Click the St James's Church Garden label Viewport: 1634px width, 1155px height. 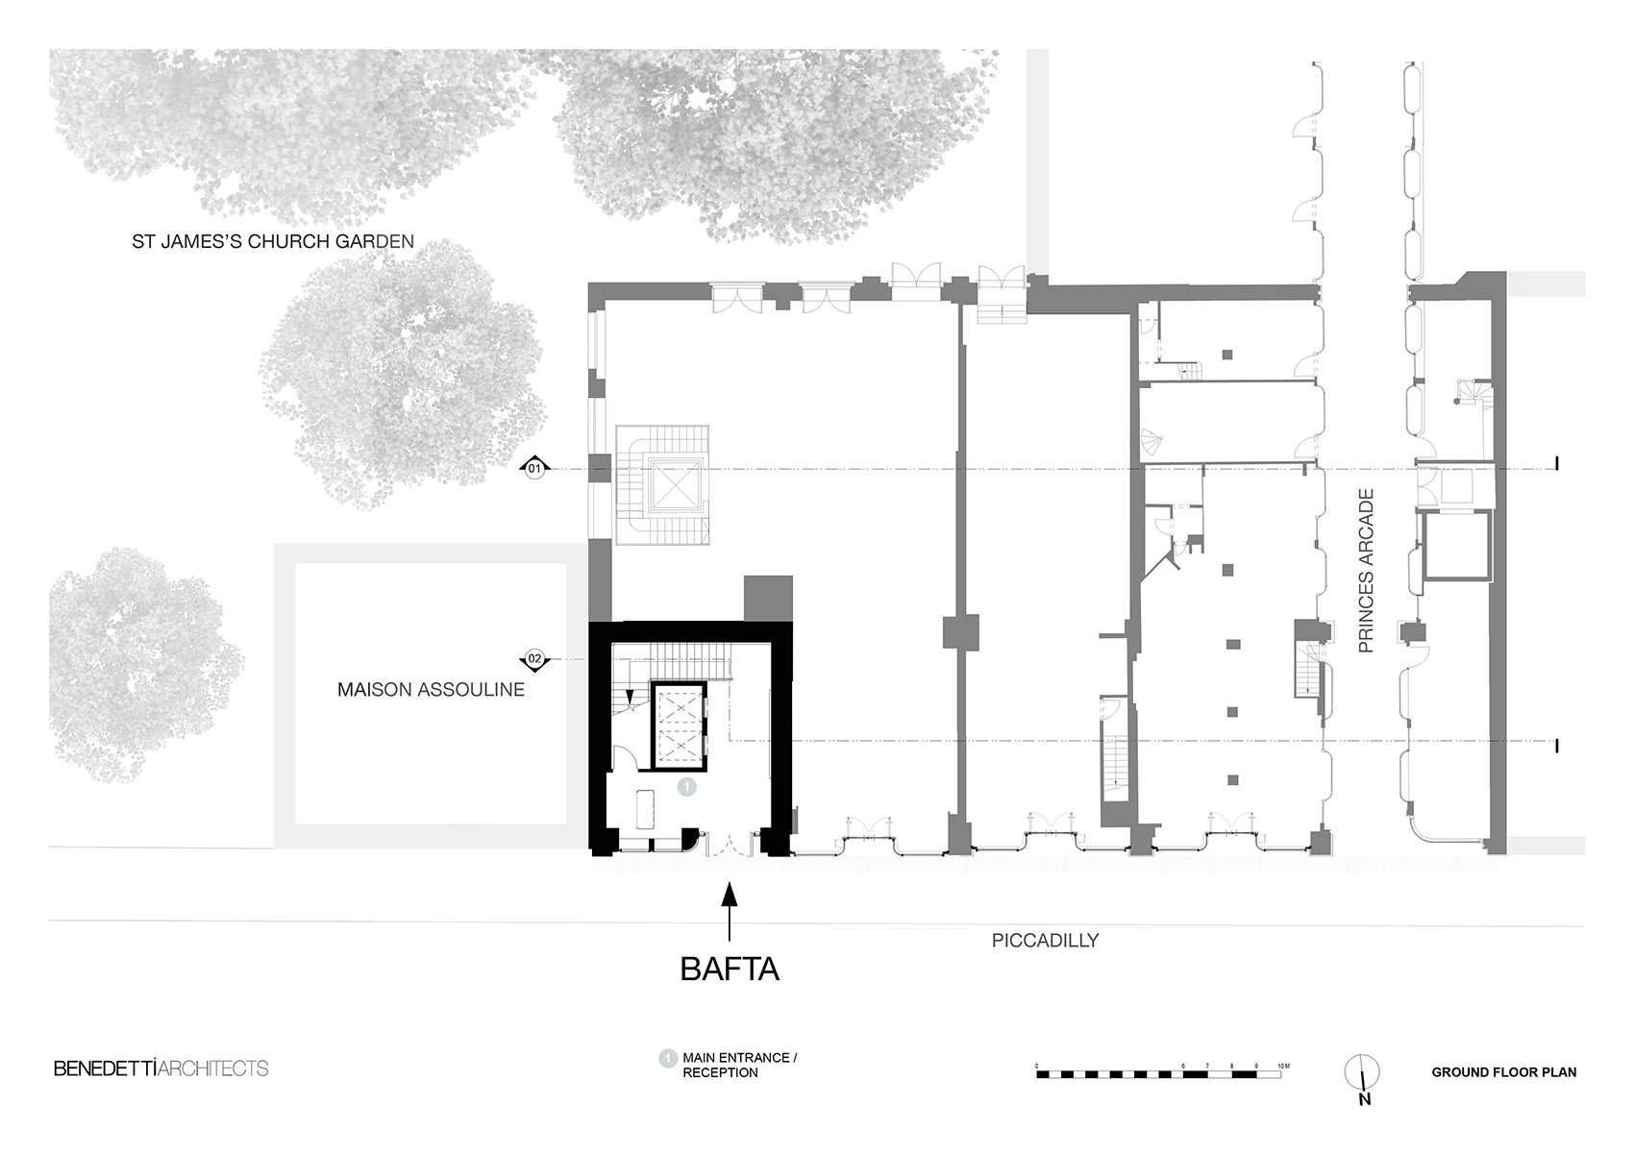[273, 241]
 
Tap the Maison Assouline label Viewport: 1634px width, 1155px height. [431, 690]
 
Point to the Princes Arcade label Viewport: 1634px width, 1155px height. [1367, 571]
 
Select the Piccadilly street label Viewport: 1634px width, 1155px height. [1045, 941]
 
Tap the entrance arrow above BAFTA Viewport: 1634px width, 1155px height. [730, 908]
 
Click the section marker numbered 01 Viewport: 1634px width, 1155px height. [534, 469]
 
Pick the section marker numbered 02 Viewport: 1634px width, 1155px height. [534, 659]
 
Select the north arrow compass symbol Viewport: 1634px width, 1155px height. [1363, 1074]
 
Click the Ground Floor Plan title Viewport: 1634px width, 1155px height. [1503, 1072]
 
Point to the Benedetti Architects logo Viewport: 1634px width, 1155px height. [161, 1069]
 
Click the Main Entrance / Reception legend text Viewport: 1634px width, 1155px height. [739, 1065]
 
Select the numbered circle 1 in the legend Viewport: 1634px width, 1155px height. [666, 1059]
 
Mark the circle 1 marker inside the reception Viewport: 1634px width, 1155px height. [686, 786]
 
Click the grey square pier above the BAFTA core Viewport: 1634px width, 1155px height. [768, 598]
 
